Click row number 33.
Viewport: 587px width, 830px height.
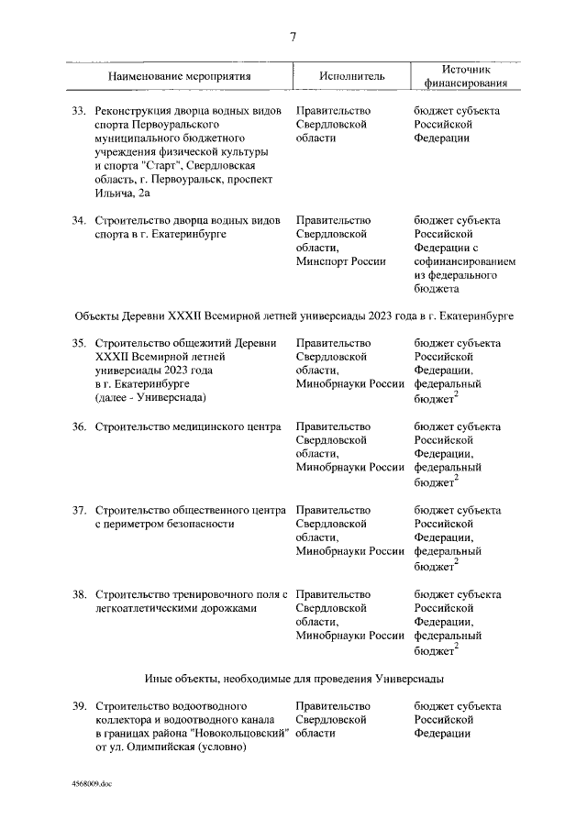(79, 110)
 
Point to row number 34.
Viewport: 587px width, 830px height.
(79, 220)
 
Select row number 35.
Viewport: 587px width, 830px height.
(79, 343)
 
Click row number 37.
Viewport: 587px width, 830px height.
(79, 510)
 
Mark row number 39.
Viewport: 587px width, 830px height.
(79, 706)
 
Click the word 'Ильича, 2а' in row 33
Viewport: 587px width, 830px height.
(123, 193)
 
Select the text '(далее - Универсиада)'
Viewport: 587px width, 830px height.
(150, 398)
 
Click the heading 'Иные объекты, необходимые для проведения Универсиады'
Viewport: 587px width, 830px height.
(293, 679)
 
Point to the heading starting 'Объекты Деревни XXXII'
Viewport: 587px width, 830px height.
(293, 315)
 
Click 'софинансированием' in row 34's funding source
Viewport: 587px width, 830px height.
(465, 261)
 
